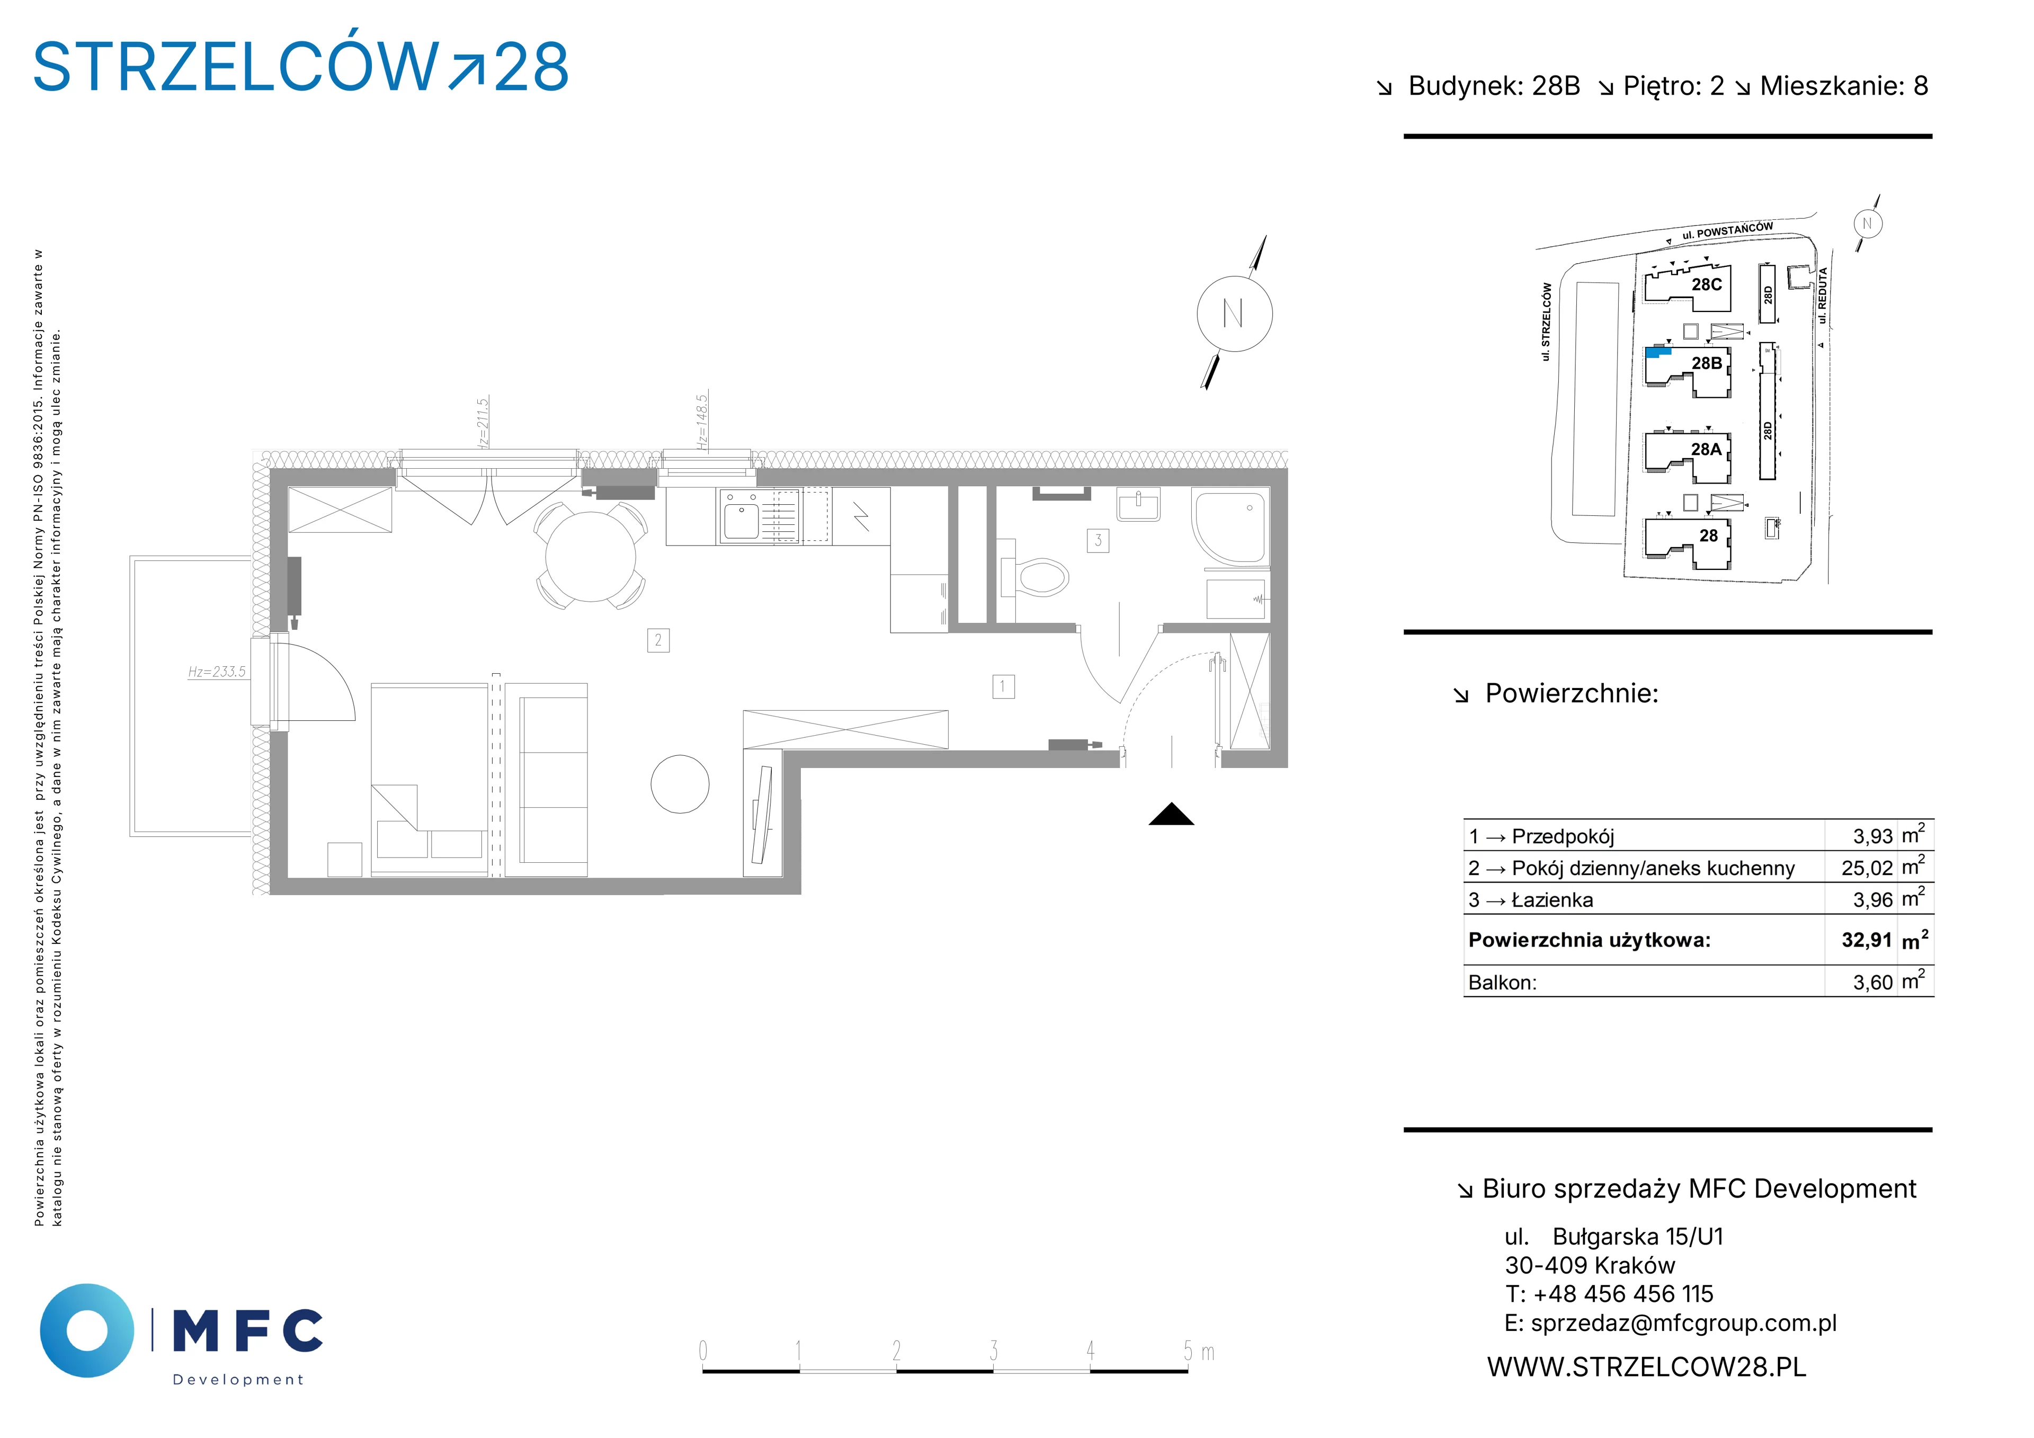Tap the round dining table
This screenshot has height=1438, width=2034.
click(590, 557)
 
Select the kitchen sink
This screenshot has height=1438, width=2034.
click(741, 516)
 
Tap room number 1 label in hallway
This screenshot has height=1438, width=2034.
click(1003, 686)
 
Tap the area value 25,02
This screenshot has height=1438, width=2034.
click(1867, 868)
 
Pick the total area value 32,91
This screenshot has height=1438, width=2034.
click(1867, 940)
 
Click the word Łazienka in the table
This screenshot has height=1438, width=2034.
click(1552, 900)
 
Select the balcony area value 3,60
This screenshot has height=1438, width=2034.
click(1873, 983)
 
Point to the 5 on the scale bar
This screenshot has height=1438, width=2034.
click(1188, 1351)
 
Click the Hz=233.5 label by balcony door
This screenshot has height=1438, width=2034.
click(217, 672)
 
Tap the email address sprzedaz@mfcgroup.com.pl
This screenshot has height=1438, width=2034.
click(1683, 1323)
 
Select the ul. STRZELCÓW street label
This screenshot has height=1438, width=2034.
click(1546, 321)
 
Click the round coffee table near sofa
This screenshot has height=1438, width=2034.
click(680, 784)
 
